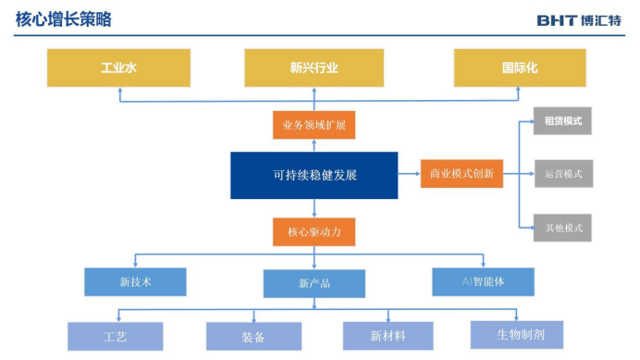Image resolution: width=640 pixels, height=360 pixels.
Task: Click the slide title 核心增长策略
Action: click(63, 19)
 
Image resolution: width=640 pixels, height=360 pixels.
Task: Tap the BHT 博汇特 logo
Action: click(579, 20)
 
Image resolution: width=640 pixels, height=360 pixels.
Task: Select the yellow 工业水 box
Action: click(118, 68)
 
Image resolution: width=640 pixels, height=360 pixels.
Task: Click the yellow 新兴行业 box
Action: click(314, 68)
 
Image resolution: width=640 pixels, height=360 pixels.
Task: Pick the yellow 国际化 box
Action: click(520, 68)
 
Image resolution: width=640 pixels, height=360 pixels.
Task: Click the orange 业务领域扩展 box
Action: click(314, 125)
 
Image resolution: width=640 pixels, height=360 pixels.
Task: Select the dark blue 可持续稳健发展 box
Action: click(314, 175)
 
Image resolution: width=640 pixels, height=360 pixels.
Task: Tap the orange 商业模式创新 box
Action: click(462, 174)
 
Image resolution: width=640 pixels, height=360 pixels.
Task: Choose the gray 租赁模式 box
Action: click(562, 121)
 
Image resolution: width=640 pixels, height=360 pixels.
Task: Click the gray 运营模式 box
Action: click(563, 174)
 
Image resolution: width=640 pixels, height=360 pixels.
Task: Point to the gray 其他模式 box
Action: click(562, 228)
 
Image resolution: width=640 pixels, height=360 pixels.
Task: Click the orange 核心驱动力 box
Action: click(314, 232)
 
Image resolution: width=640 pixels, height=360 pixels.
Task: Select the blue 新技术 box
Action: click(136, 282)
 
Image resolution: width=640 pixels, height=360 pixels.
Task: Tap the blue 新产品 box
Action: click(314, 283)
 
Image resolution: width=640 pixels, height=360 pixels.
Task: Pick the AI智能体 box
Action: click(484, 282)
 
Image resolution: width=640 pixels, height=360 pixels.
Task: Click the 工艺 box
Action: click(115, 336)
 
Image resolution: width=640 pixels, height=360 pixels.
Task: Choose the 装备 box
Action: click(254, 336)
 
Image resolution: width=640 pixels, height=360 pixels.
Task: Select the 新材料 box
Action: click(388, 336)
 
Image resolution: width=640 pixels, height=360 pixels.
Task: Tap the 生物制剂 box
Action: click(517, 335)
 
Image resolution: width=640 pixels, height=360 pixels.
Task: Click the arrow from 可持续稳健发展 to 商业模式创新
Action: click(409, 174)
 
